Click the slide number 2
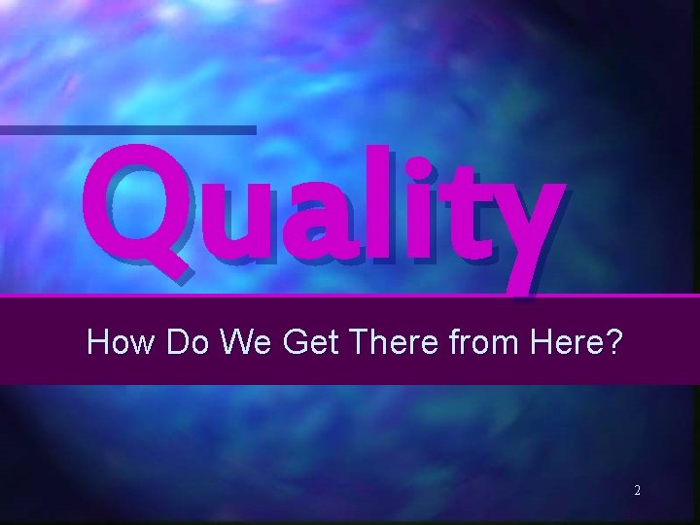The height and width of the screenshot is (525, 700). pyautogui.click(x=637, y=491)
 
